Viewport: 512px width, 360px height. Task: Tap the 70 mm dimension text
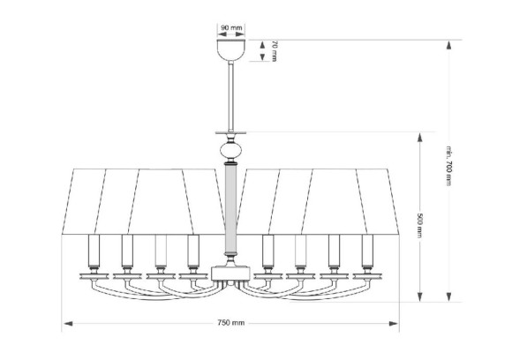pyautogui.click(x=275, y=49)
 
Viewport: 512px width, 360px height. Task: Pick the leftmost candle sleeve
pyautogui.click(x=94, y=251)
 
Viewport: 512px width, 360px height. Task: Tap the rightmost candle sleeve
pyautogui.click(x=366, y=251)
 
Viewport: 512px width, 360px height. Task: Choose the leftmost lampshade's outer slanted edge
pyautogui.click(x=66, y=200)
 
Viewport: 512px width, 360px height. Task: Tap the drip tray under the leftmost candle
pyautogui.click(x=94, y=273)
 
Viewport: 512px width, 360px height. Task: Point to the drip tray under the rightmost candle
pyautogui.click(x=366, y=273)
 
